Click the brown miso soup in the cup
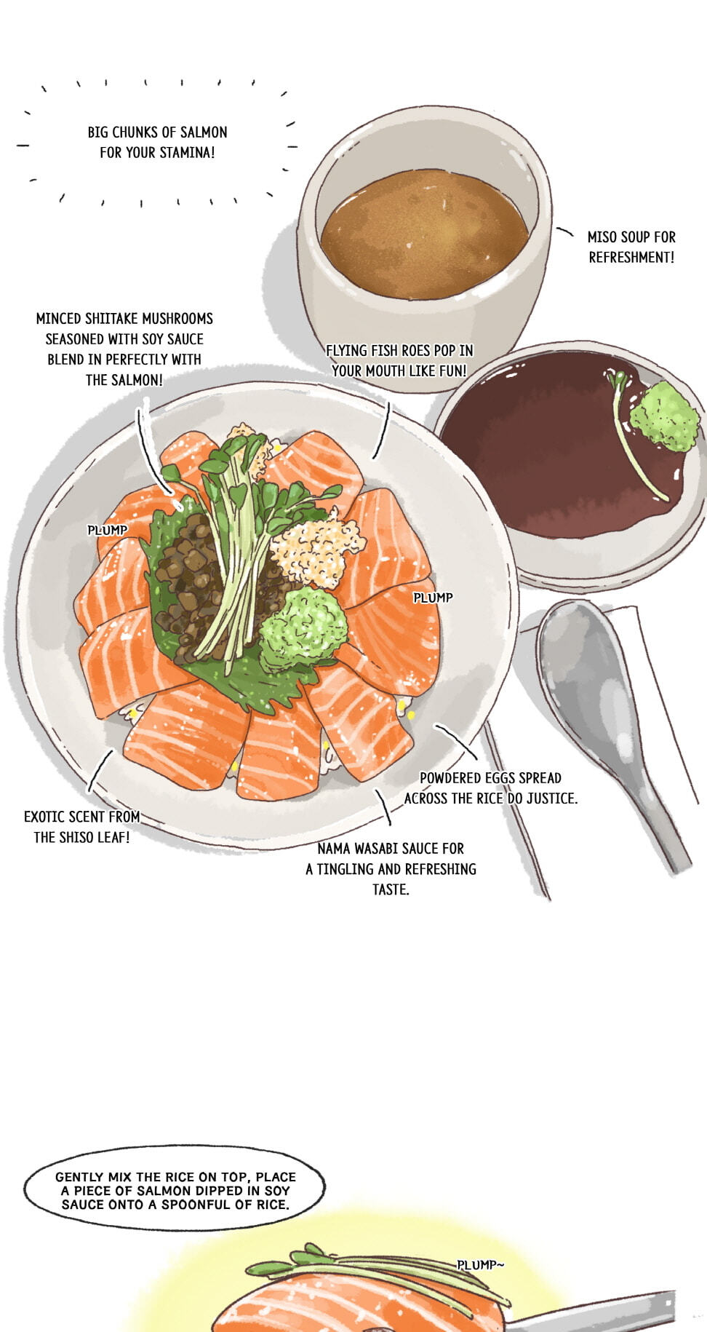(x=425, y=234)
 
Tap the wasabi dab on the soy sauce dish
(x=664, y=416)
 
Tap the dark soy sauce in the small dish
(x=553, y=451)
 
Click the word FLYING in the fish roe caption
(x=346, y=351)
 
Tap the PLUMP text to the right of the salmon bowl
(x=433, y=598)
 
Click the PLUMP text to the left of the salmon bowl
(x=107, y=530)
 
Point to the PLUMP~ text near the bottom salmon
(x=480, y=1265)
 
